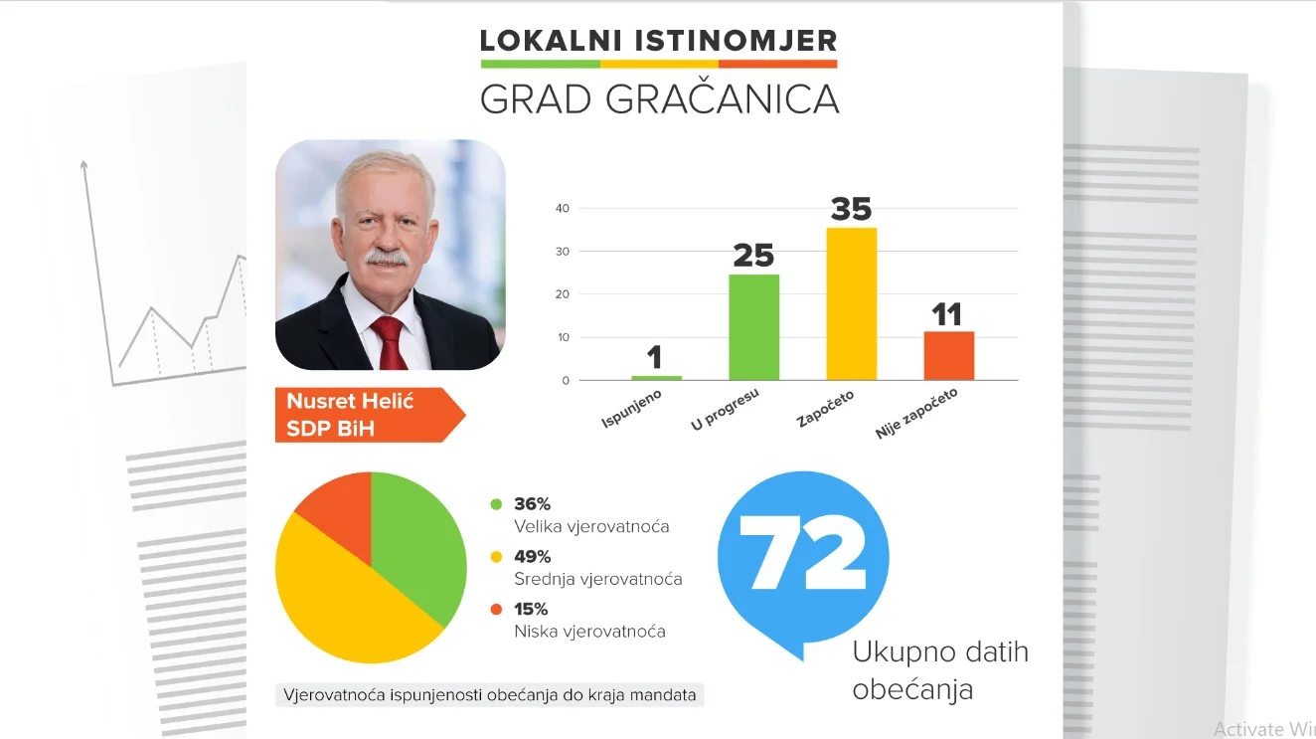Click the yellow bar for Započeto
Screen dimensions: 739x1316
click(851, 304)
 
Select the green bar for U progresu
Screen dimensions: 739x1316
click(753, 327)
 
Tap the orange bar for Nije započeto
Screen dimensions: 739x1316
click(948, 355)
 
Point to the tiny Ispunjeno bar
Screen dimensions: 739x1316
click(656, 378)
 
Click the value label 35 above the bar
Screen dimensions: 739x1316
click(851, 209)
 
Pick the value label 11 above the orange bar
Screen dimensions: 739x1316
click(947, 315)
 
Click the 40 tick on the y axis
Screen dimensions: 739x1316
click(563, 208)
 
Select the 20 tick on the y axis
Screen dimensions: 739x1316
click(563, 294)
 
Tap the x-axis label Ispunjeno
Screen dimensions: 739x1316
click(632, 409)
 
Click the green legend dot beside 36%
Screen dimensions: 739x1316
click(496, 504)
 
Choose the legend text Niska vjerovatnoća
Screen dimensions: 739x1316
click(589, 631)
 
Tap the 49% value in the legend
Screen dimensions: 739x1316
click(532, 557)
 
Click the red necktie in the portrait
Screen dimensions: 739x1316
click(389, 343)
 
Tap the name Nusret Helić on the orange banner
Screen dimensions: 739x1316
click(350, 402)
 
